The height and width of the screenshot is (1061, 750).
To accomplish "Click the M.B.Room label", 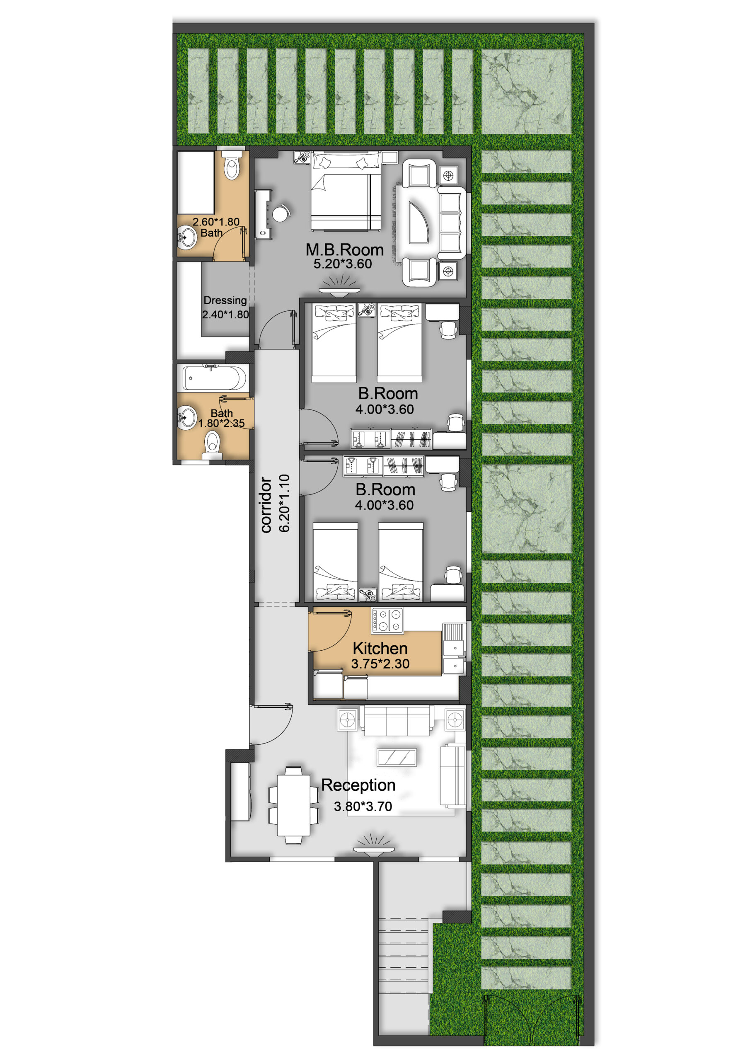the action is pos(344,250).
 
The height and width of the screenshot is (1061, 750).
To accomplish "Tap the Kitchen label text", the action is pos(380,648).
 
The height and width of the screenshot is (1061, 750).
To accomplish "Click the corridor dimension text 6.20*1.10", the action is pos(285,503).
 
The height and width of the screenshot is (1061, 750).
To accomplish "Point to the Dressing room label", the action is pos(225,300).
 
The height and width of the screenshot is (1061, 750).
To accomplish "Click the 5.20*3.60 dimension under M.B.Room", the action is pos(342,264).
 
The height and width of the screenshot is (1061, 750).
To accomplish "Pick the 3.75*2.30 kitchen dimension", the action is pos(380,664).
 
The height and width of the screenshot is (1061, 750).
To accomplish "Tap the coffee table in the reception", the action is pos(397,757).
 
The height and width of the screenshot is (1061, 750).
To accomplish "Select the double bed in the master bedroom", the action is pos(346,192).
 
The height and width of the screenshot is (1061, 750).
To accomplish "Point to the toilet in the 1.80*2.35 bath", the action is pos(212,444).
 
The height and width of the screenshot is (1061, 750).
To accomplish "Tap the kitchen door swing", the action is pos(332,631).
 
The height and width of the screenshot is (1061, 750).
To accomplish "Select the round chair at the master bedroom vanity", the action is pos(281,213).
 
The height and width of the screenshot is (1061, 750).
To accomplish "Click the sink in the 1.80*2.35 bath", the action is pos(187,418).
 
